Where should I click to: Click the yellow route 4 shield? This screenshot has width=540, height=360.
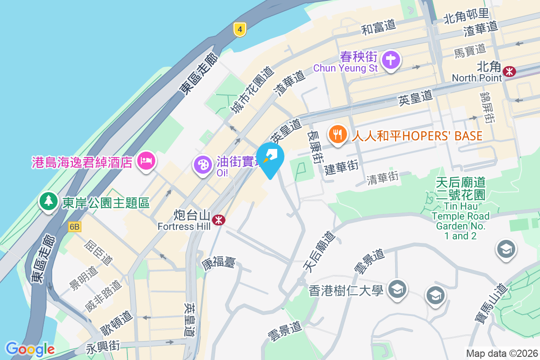coord(240,30)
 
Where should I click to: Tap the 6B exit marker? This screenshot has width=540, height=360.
coord(75,227)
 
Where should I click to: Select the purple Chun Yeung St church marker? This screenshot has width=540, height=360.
coord(391,60)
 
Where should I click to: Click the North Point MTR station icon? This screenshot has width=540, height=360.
coord(509,71)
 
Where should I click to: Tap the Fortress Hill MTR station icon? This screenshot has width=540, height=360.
coord(219,220)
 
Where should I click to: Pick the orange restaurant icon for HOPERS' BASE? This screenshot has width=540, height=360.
coord(337,134)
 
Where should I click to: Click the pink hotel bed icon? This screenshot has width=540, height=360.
coord(146,160)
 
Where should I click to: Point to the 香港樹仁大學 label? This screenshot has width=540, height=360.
coord(346,290)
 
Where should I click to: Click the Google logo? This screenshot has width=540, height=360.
coord(30,349)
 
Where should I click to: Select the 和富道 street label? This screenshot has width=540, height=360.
coord(379,27)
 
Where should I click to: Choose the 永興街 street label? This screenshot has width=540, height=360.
coord(103,347)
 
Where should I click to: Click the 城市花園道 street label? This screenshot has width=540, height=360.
coord(252,90)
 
